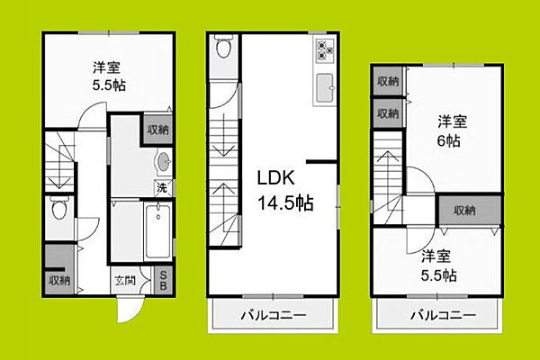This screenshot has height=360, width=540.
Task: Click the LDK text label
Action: coord(276,178)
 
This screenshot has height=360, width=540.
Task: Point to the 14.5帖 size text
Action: coord(285,202)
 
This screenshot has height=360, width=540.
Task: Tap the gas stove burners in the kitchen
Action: coord(325,50)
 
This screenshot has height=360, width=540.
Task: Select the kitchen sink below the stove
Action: coord(325,88)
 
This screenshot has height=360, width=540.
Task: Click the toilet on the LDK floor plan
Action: coord(223,46)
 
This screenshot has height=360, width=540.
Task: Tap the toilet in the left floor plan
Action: coord(59,208)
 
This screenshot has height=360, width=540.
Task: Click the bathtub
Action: coord(157,230)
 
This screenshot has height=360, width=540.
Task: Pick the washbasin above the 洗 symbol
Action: coord(163,162)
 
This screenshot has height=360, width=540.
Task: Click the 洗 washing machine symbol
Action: coord(162,188)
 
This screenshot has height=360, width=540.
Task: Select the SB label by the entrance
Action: coord(163,281)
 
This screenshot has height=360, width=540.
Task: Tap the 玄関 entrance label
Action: coord(125,281)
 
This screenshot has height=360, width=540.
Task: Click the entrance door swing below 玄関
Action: coord(130,310)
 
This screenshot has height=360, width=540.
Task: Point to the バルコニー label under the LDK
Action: coord(273,315)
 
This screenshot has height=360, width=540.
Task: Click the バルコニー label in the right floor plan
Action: coord(443,314)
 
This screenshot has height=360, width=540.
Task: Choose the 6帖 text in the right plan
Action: coord(449,140)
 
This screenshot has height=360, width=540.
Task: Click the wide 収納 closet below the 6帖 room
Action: coord(470,210)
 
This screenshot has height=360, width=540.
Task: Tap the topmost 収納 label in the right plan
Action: coord(388,81)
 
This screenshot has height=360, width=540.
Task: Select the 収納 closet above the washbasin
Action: coord(158,130)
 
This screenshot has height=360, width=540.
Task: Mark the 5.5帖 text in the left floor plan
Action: coord(109,85)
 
